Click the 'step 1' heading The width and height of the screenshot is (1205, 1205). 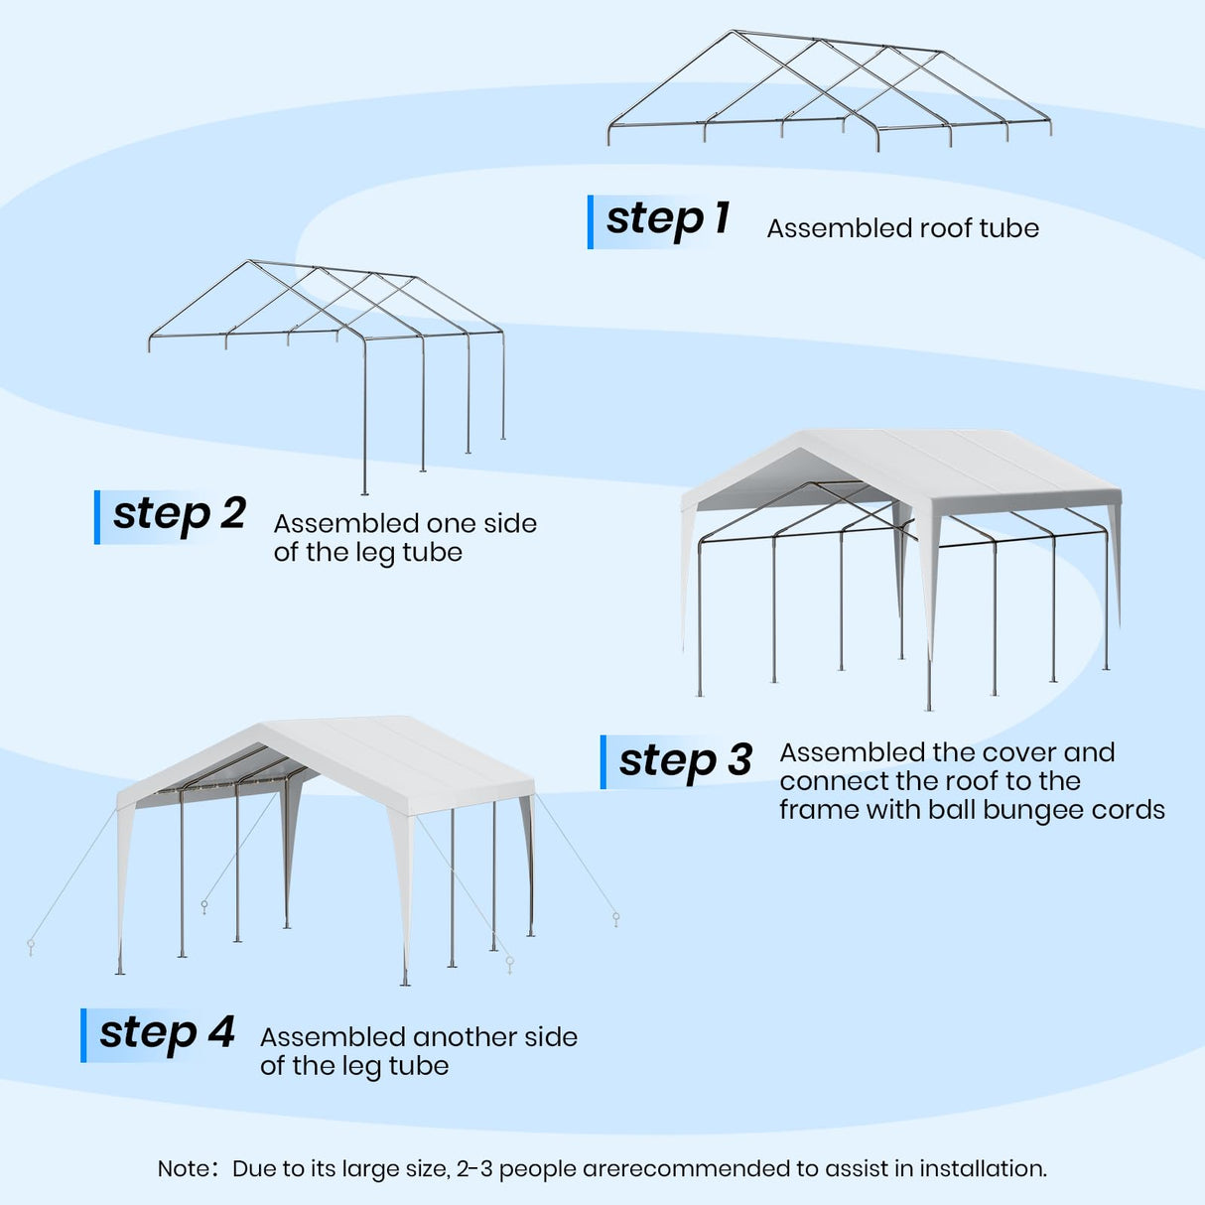coord(667,219)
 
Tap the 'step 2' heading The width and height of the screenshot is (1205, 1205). coord(179,515)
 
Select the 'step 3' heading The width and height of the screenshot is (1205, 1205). coord(685,761)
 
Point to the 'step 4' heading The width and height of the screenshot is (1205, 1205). coord(167,1033)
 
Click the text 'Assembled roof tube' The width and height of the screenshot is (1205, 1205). coord(902,228)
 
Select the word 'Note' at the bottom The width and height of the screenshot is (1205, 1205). coord(183,1169)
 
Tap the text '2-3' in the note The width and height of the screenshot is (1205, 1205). coord(473,1169)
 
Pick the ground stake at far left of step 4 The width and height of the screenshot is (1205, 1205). coord(31,946)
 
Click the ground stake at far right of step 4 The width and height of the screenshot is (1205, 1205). coord(616,919)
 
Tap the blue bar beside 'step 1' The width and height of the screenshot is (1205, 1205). coord(591,221)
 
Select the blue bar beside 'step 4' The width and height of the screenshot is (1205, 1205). coord(83,1035)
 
